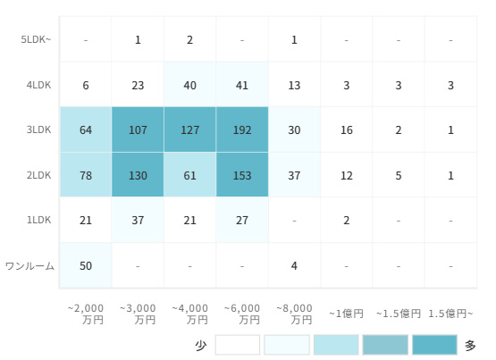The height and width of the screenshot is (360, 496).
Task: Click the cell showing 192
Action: (242, 130)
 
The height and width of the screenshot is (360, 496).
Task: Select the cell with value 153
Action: (242, 175)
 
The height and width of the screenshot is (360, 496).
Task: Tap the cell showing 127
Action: (189, 130)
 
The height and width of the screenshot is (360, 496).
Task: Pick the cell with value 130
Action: (138, 175)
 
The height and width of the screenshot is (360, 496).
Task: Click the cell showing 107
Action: (138, 130)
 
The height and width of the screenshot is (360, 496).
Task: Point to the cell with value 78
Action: (86, 175)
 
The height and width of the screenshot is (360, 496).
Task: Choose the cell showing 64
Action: (86, 130)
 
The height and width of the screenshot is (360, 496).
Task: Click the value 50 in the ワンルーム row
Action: (86, 265)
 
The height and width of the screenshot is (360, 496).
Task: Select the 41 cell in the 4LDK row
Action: (242, 85)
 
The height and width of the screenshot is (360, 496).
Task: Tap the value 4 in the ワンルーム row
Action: (294, 265)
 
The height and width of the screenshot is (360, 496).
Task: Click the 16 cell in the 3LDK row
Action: (347, 130)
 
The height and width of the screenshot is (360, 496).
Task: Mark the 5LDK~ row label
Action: (36, 39)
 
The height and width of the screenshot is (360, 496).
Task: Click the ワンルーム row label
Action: (30, 266)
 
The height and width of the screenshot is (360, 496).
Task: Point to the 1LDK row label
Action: (38, 220)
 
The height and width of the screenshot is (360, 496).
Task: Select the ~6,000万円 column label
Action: (242, 314)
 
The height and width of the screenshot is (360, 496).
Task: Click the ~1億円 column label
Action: (347, 314)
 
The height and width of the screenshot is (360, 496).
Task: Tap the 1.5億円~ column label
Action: (450, 314)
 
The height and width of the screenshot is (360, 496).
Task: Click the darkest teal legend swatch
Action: (434, 345)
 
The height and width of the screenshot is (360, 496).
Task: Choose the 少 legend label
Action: (201, 346)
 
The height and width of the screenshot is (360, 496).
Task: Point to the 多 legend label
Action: (470, 346)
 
